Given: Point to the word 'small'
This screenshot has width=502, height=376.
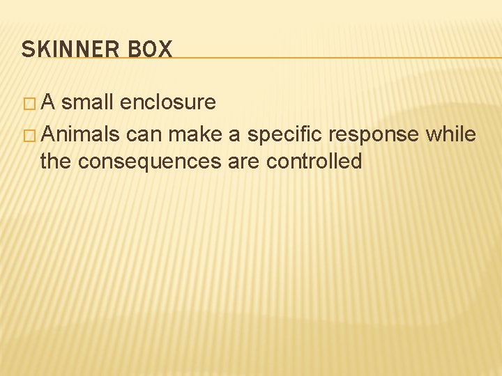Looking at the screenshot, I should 89,102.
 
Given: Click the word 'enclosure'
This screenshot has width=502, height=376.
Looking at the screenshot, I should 167,102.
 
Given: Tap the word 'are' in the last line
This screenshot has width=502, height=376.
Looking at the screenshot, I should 245,162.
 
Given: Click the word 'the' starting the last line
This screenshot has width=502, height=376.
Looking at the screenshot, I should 56,162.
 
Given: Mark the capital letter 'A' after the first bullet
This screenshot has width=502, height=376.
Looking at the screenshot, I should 49,102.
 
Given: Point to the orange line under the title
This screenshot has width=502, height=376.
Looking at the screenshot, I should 335,57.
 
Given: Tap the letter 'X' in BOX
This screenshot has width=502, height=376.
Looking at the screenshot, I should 165,49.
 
